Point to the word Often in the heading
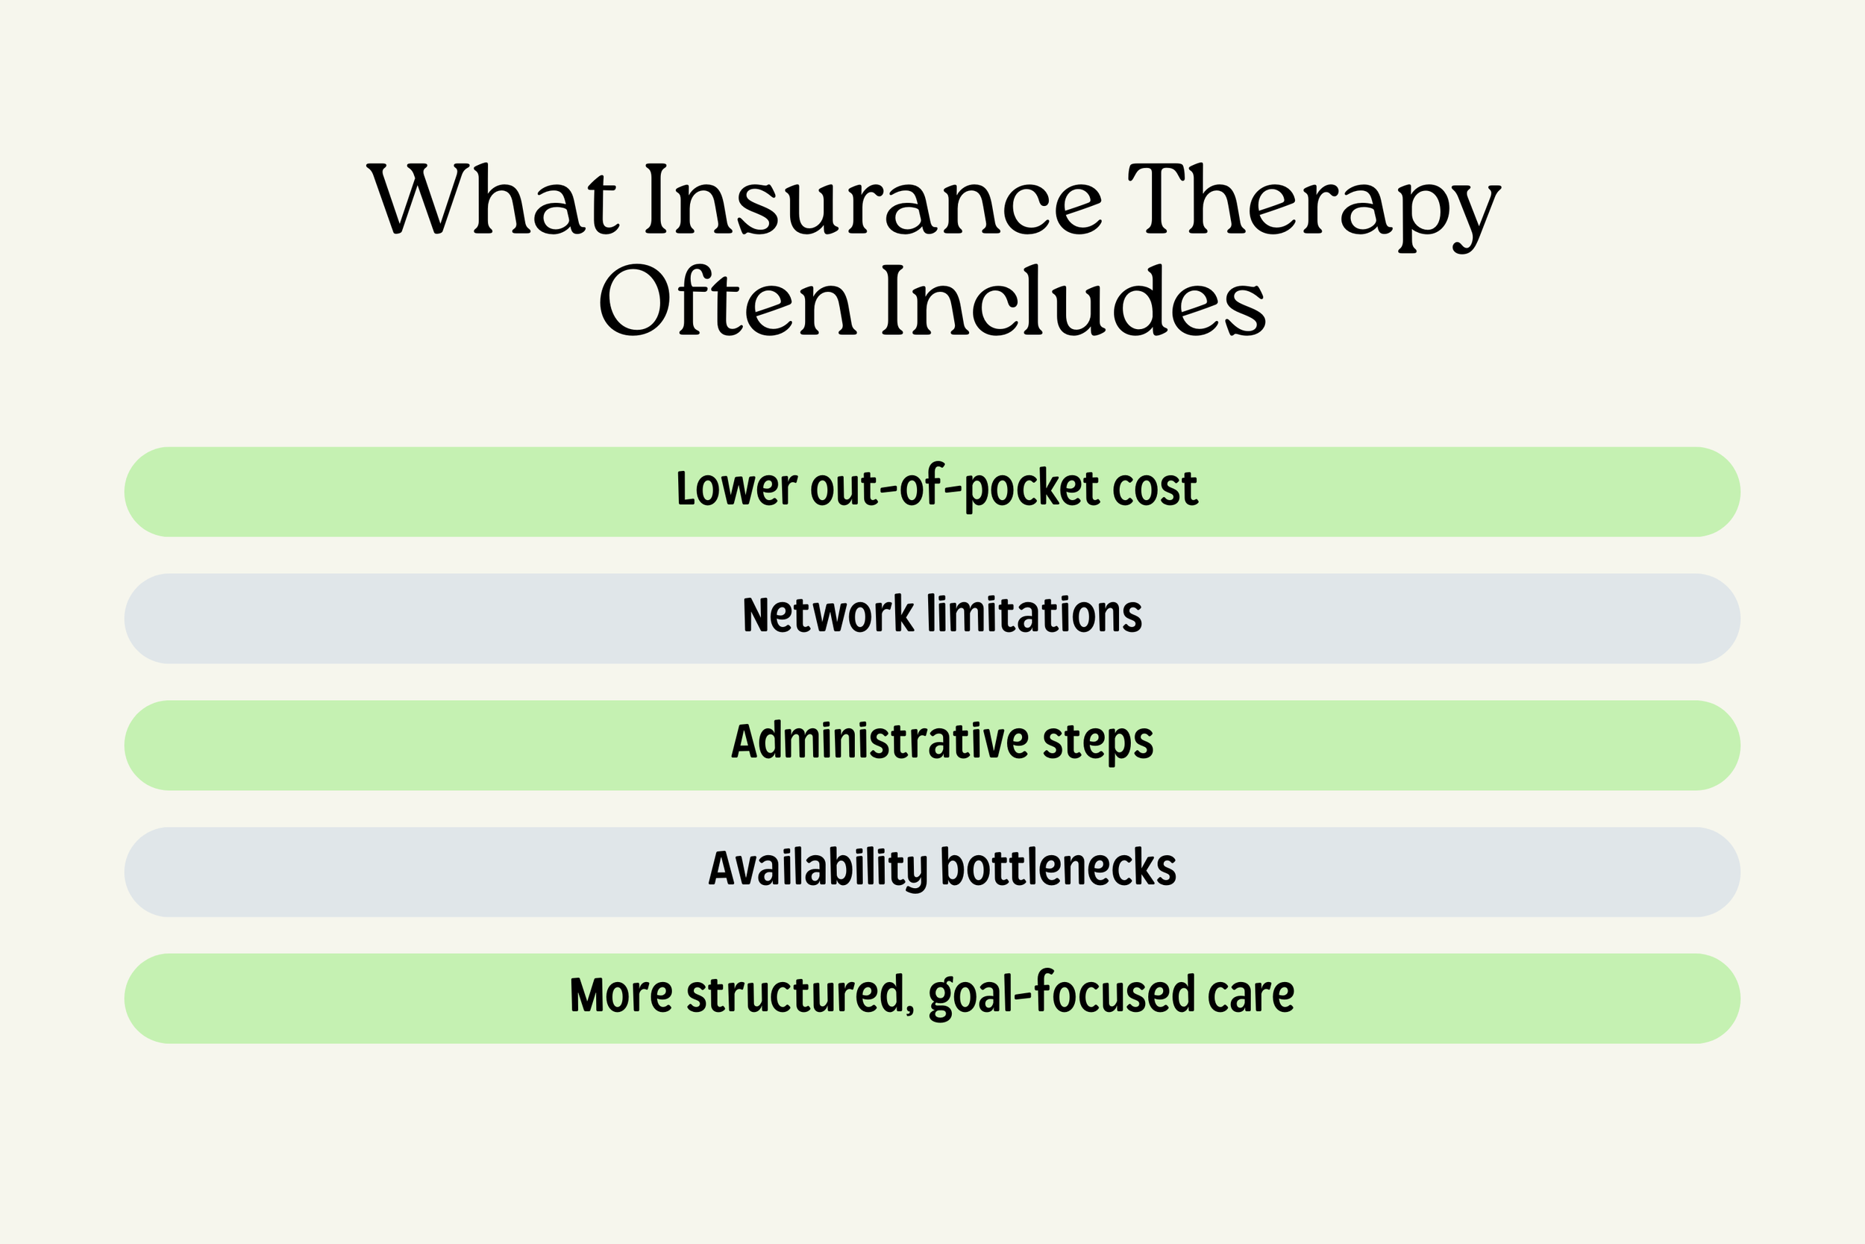pyautogui.click(x=727, y=301)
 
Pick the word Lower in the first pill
pyautogui.click(x=736, y=488)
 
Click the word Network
pyautogui.click(x=828, y=615)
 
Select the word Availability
pyautogui.click(x=817, y=869)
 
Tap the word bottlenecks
pyautogui.click(x=1058, y=868)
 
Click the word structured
pyautogui.click(x=793, y=995)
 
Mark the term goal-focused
pyautogui.click(x=1061, y=995)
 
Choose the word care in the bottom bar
pyautogui.click(x=1250, y=995)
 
